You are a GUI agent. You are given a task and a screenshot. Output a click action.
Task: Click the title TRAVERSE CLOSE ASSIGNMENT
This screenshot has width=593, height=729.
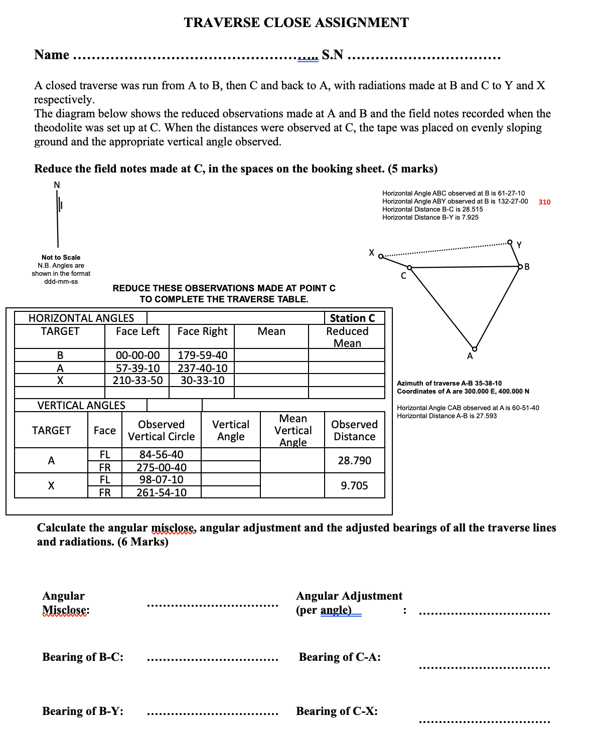pos(296,23)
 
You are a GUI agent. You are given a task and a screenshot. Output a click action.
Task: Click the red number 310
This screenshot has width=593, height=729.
pos(544,202)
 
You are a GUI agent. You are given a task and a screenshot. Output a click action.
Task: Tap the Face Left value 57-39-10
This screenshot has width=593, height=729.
pos(137,368)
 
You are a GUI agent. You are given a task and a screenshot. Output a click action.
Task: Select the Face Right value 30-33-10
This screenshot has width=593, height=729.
pos(202,380)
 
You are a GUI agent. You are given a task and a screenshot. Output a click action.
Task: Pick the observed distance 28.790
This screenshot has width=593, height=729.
pos(354,460)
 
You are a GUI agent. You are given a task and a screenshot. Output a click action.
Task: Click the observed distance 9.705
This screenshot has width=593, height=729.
pos(354,485)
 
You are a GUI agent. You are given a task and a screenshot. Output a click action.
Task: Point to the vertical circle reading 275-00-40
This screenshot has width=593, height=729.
pos(161,467)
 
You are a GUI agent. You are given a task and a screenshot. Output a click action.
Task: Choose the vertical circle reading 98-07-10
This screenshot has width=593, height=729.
pos(161,479)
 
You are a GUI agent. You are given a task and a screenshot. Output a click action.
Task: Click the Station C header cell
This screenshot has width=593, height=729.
pos(352,318)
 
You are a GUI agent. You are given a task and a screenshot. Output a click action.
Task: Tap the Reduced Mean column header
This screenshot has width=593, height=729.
pos(347,337)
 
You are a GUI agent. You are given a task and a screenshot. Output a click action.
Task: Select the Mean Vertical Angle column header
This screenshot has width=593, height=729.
pos(292,430)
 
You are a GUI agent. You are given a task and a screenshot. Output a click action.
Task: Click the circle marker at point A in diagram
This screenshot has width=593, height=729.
pos(475,349)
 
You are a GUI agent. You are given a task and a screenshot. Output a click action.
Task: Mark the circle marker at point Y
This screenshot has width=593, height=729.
pos(510,242)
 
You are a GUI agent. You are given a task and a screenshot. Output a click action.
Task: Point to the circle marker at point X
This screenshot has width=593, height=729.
pos(381,257)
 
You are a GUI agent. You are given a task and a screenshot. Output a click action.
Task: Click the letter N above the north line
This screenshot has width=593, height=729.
pos(57,185)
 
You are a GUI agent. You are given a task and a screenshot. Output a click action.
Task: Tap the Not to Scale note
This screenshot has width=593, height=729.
pos(61,257)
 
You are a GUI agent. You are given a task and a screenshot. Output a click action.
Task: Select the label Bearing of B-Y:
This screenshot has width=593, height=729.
pos(83,711)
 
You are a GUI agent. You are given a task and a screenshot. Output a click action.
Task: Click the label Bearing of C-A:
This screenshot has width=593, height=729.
pos(340,657)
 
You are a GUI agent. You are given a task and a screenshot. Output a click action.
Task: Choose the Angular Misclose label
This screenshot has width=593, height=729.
pos(65,603)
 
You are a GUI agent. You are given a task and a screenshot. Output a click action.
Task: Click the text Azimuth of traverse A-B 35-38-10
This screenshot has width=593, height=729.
pos(449,383)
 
